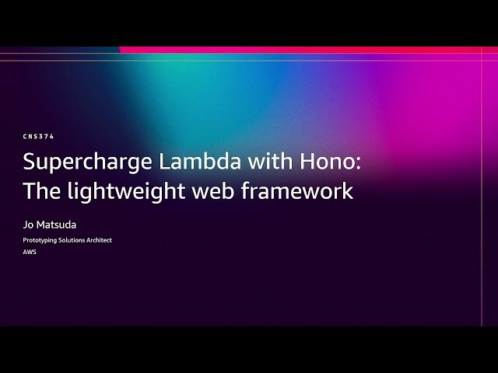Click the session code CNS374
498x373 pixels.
[x=38, y=136]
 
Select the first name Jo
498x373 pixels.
[x=28, y=225]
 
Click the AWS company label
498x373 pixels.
[x=30, y=252]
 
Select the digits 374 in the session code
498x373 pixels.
[x=47, y=136]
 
